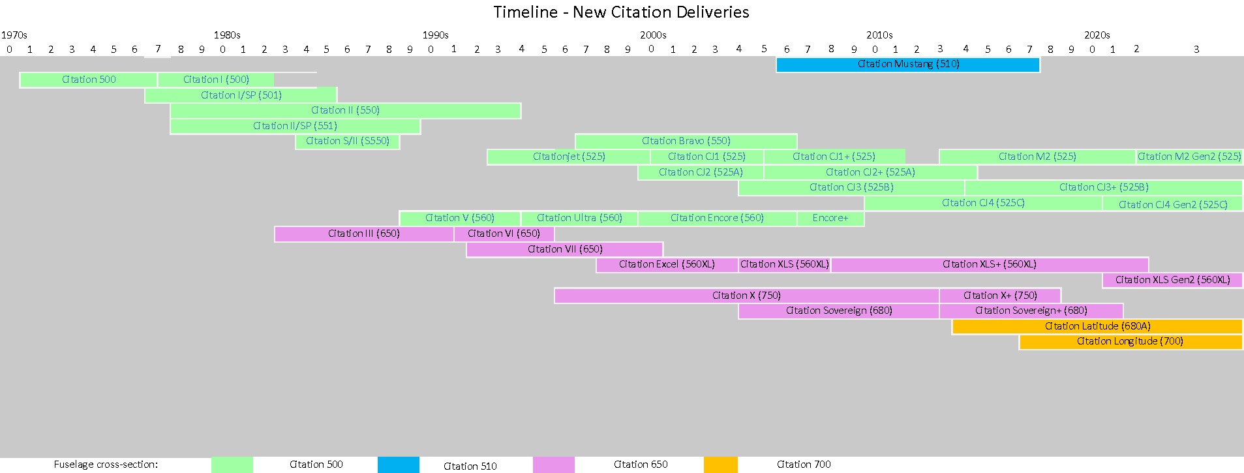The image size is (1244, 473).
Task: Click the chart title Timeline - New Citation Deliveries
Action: click(621, 12)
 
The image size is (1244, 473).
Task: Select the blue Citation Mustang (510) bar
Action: click(907, 65)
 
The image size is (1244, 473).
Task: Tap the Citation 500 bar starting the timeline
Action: click(89, 80)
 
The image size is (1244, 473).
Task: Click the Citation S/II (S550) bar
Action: click(348, 141)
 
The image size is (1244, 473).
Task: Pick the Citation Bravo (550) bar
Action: click(686, 141)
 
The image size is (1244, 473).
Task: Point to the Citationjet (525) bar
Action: click(568, 157)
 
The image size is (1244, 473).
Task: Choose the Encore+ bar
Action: click(830, 218)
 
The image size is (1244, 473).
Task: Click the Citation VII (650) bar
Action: click(565, 249)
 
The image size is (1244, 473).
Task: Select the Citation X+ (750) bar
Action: click(1000, 296)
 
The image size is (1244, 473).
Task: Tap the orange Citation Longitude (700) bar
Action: click(1130, 341)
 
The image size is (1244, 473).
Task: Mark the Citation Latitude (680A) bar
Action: click(1097, 326)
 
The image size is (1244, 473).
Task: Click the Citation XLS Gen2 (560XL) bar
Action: click(1172, 280)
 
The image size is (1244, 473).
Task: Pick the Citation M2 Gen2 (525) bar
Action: click(1189, 157)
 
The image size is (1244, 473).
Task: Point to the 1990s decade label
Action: click(435, 35)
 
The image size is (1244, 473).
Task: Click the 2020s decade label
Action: click(1097, 35)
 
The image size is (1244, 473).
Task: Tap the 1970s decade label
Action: click(14, 35)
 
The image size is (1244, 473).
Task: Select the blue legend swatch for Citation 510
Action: click(398, 465)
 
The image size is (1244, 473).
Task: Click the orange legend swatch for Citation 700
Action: click(720, 465)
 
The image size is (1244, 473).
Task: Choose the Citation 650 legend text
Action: click(640, 465)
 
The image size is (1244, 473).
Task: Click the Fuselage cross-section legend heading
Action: click(106, 465)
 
